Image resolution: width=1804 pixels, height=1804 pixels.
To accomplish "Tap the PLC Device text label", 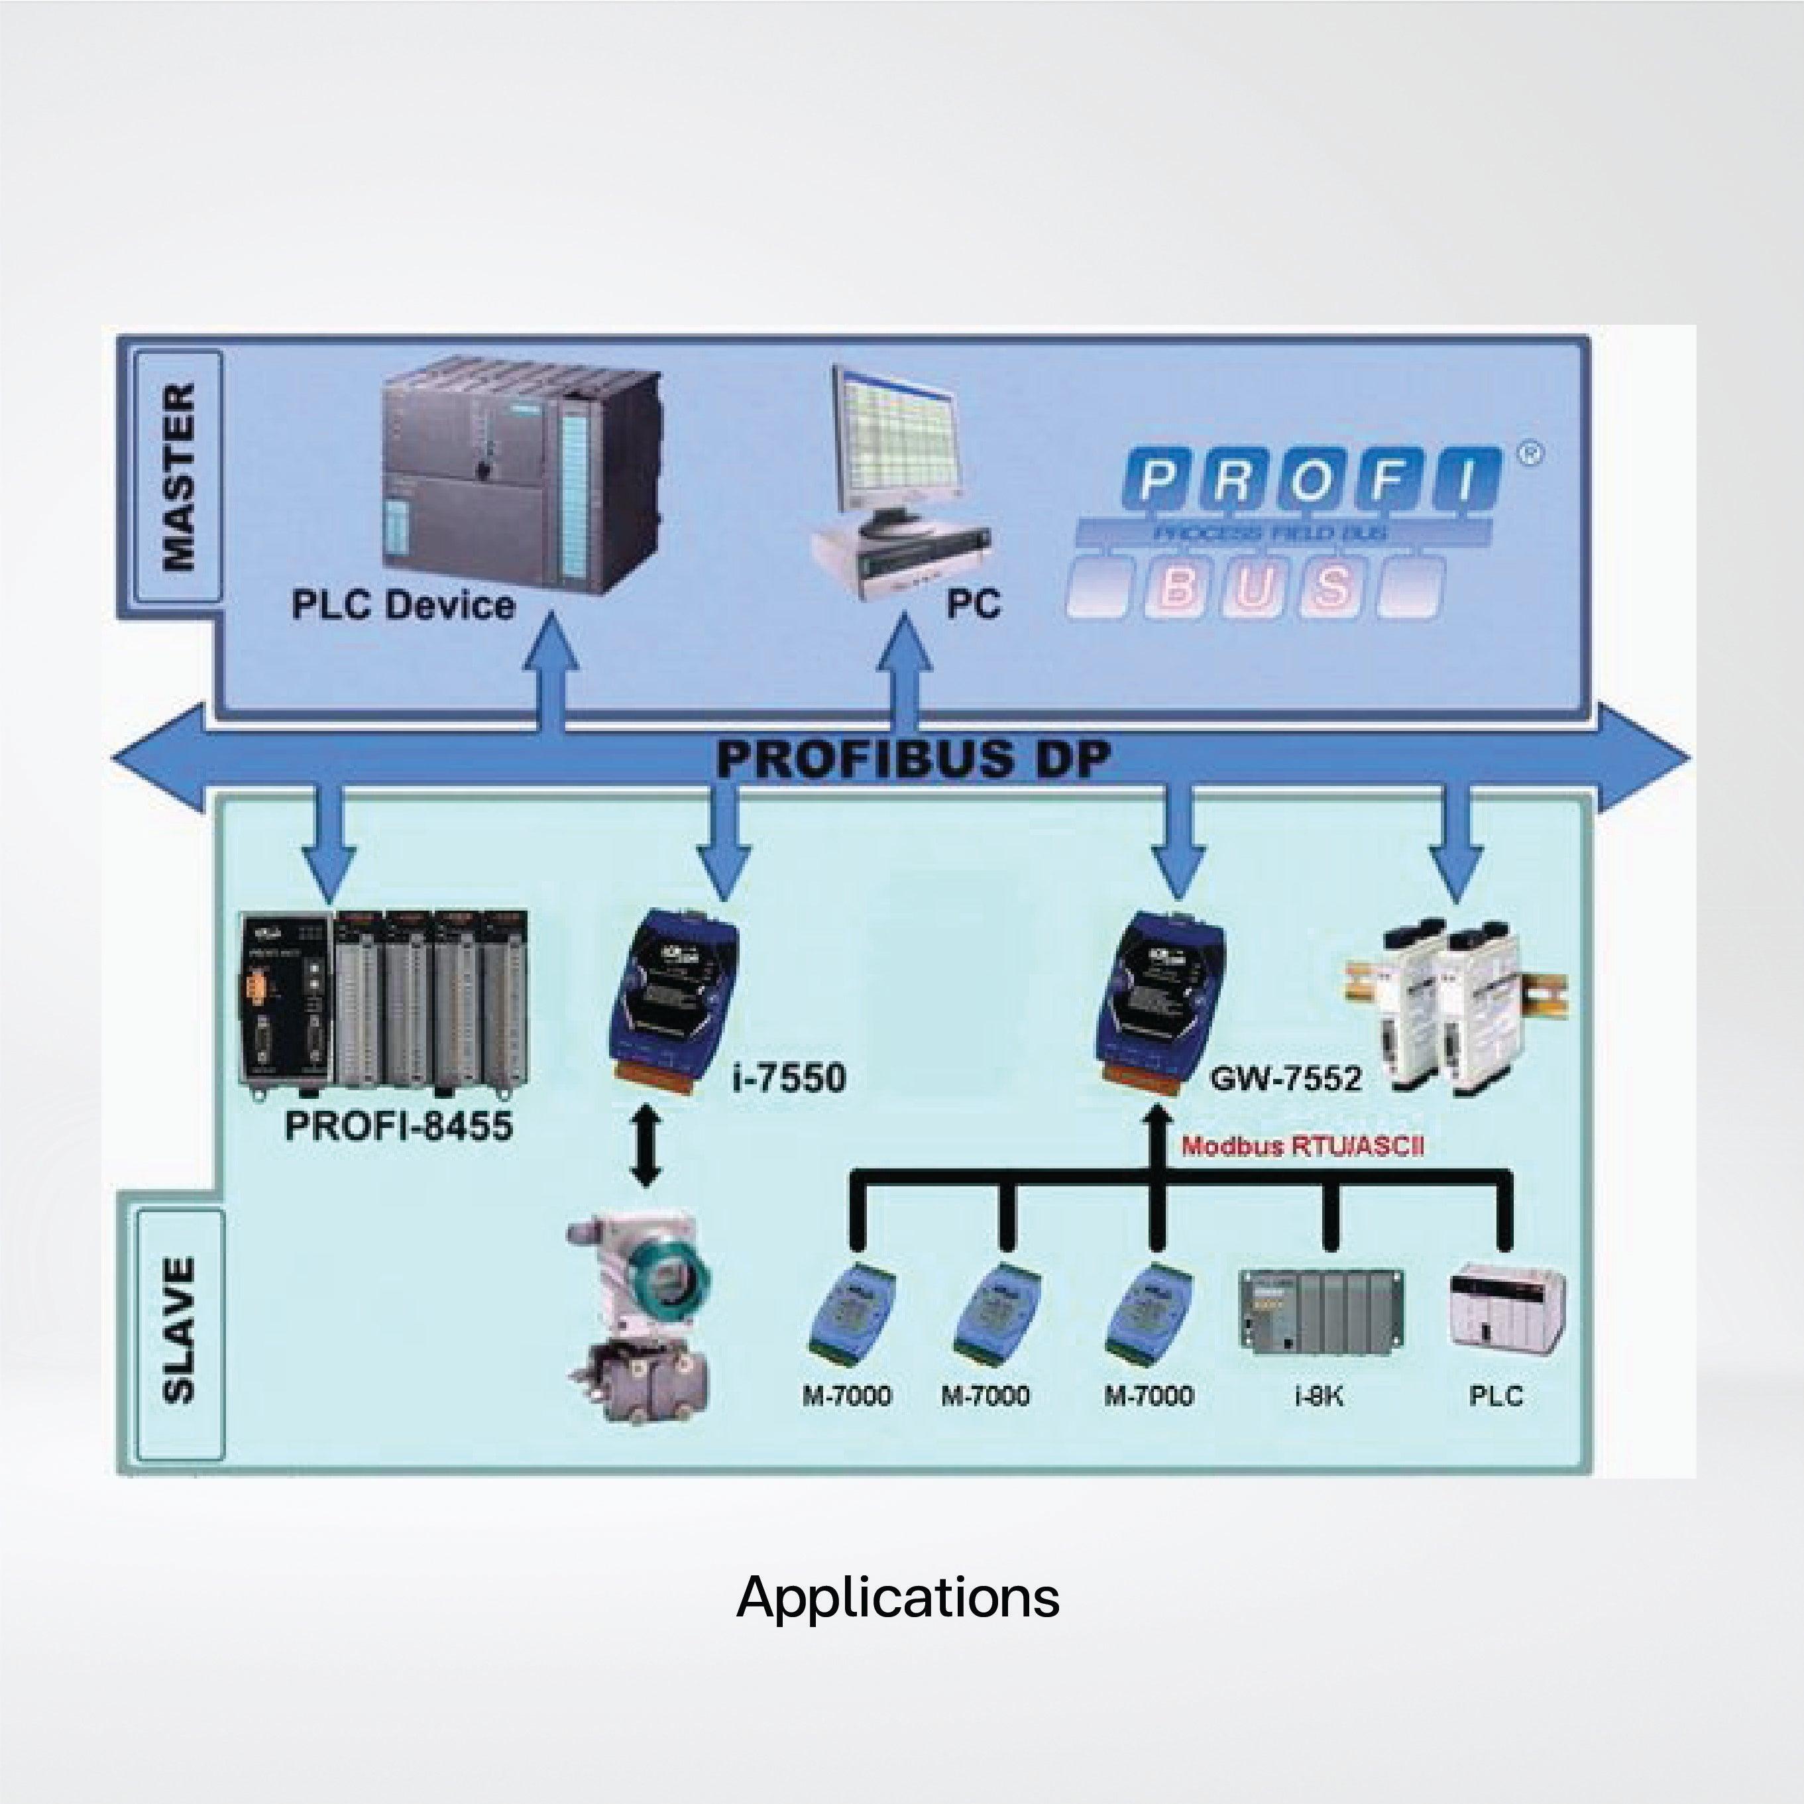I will point(404,605).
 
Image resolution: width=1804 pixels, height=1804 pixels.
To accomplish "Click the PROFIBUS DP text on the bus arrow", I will point(913,758).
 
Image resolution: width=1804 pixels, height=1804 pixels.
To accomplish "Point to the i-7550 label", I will point(789,1078).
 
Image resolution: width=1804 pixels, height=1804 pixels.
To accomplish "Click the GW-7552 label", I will point(1285,1078).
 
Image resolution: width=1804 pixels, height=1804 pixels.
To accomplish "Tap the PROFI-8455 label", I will point(399,1125).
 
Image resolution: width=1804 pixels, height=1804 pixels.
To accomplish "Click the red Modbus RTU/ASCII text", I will point(1302,1147).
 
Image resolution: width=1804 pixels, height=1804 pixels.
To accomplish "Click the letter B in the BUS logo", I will point(1178,587).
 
